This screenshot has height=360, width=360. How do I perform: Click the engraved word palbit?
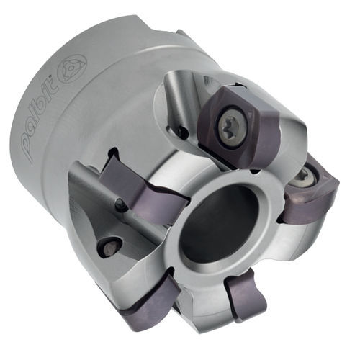click(40, 119)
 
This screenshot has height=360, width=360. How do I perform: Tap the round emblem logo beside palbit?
click(72, 68)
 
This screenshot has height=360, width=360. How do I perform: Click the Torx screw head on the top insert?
click(233, 125)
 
